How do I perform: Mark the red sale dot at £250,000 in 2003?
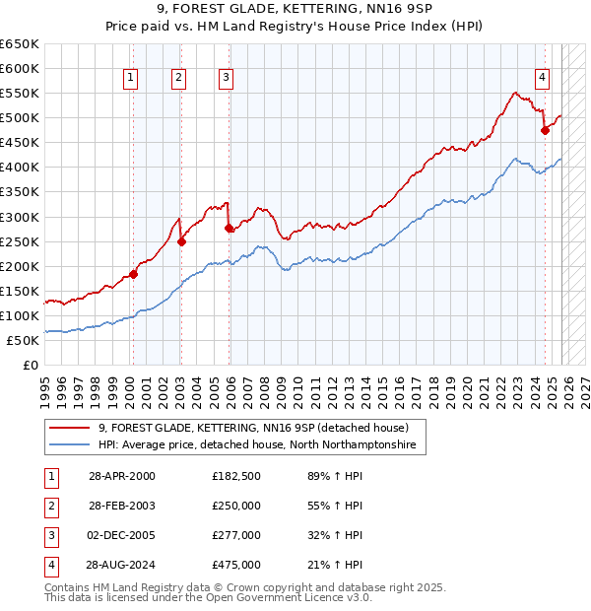[x=181, y=241]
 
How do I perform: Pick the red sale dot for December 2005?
[x=230, y=228]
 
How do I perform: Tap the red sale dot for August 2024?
[x=545, y=130]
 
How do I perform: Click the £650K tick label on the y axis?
[x=20, y=44]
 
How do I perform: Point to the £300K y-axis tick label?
[x=20, y=217]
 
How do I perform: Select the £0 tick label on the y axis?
[x=31, y=365]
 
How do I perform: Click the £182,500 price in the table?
[x=236, y=476]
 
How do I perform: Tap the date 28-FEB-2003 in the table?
[x=122, y=506]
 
